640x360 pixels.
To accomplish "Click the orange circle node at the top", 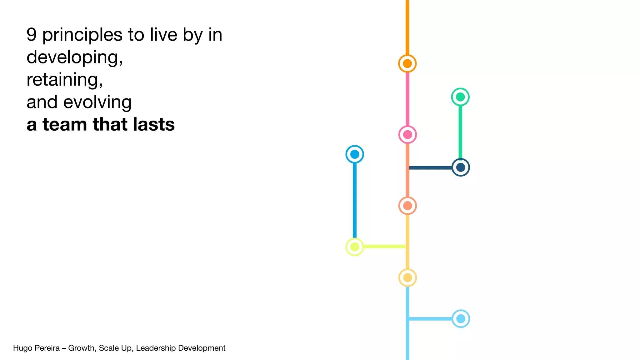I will point(407,63).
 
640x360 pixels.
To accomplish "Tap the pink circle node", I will point(407,135).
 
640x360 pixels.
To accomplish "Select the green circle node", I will point(460,97).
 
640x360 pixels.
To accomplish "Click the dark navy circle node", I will point(461,167).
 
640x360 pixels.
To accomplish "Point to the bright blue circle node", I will point(355,154).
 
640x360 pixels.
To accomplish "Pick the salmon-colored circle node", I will point(407,206).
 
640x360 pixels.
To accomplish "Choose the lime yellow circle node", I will point(355,247).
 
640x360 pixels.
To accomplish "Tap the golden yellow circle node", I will point(407,277).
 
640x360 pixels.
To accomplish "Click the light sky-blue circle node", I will point(461,319).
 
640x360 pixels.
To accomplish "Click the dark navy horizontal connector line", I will point(431,168).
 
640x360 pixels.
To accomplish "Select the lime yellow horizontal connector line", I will point(384,247).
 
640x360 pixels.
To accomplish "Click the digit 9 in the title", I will point(32,34).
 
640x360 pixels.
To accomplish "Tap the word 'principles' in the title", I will point(82,35).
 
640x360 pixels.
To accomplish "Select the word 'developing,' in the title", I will point(75,57).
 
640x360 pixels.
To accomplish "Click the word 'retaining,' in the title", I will point(65,80).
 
